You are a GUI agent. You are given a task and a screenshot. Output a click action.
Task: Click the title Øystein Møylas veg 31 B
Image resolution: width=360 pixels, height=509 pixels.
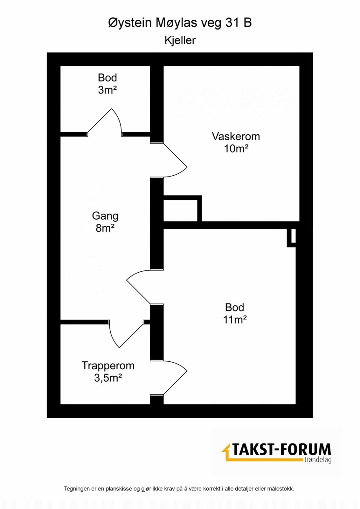point(180,24)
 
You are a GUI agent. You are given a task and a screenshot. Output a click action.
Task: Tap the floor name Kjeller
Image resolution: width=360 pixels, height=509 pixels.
point(180,40)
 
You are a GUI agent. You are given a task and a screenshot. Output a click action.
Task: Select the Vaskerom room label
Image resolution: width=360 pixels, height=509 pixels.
point(236,136)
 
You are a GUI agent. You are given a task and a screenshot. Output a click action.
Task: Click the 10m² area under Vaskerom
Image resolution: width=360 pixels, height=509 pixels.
point(236,149)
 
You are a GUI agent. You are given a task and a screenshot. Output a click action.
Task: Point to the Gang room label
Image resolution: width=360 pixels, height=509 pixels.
point(105,216)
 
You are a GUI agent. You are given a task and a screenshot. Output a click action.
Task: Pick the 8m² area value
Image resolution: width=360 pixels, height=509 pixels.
point(105,228)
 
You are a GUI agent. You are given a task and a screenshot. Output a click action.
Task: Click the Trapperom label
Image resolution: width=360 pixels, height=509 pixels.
point(108,366)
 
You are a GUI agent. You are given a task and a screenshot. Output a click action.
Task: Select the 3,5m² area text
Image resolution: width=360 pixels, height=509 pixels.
point(108,378)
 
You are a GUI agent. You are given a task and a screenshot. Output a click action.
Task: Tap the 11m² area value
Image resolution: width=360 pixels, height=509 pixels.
point(235,320)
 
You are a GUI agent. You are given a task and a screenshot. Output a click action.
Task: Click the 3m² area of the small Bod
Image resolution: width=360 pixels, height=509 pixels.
point(107,90)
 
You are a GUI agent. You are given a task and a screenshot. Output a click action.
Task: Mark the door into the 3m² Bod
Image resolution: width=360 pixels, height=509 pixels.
point(105,122)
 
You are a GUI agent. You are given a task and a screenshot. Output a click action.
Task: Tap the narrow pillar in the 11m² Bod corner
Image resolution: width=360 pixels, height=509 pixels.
point(291,238)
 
